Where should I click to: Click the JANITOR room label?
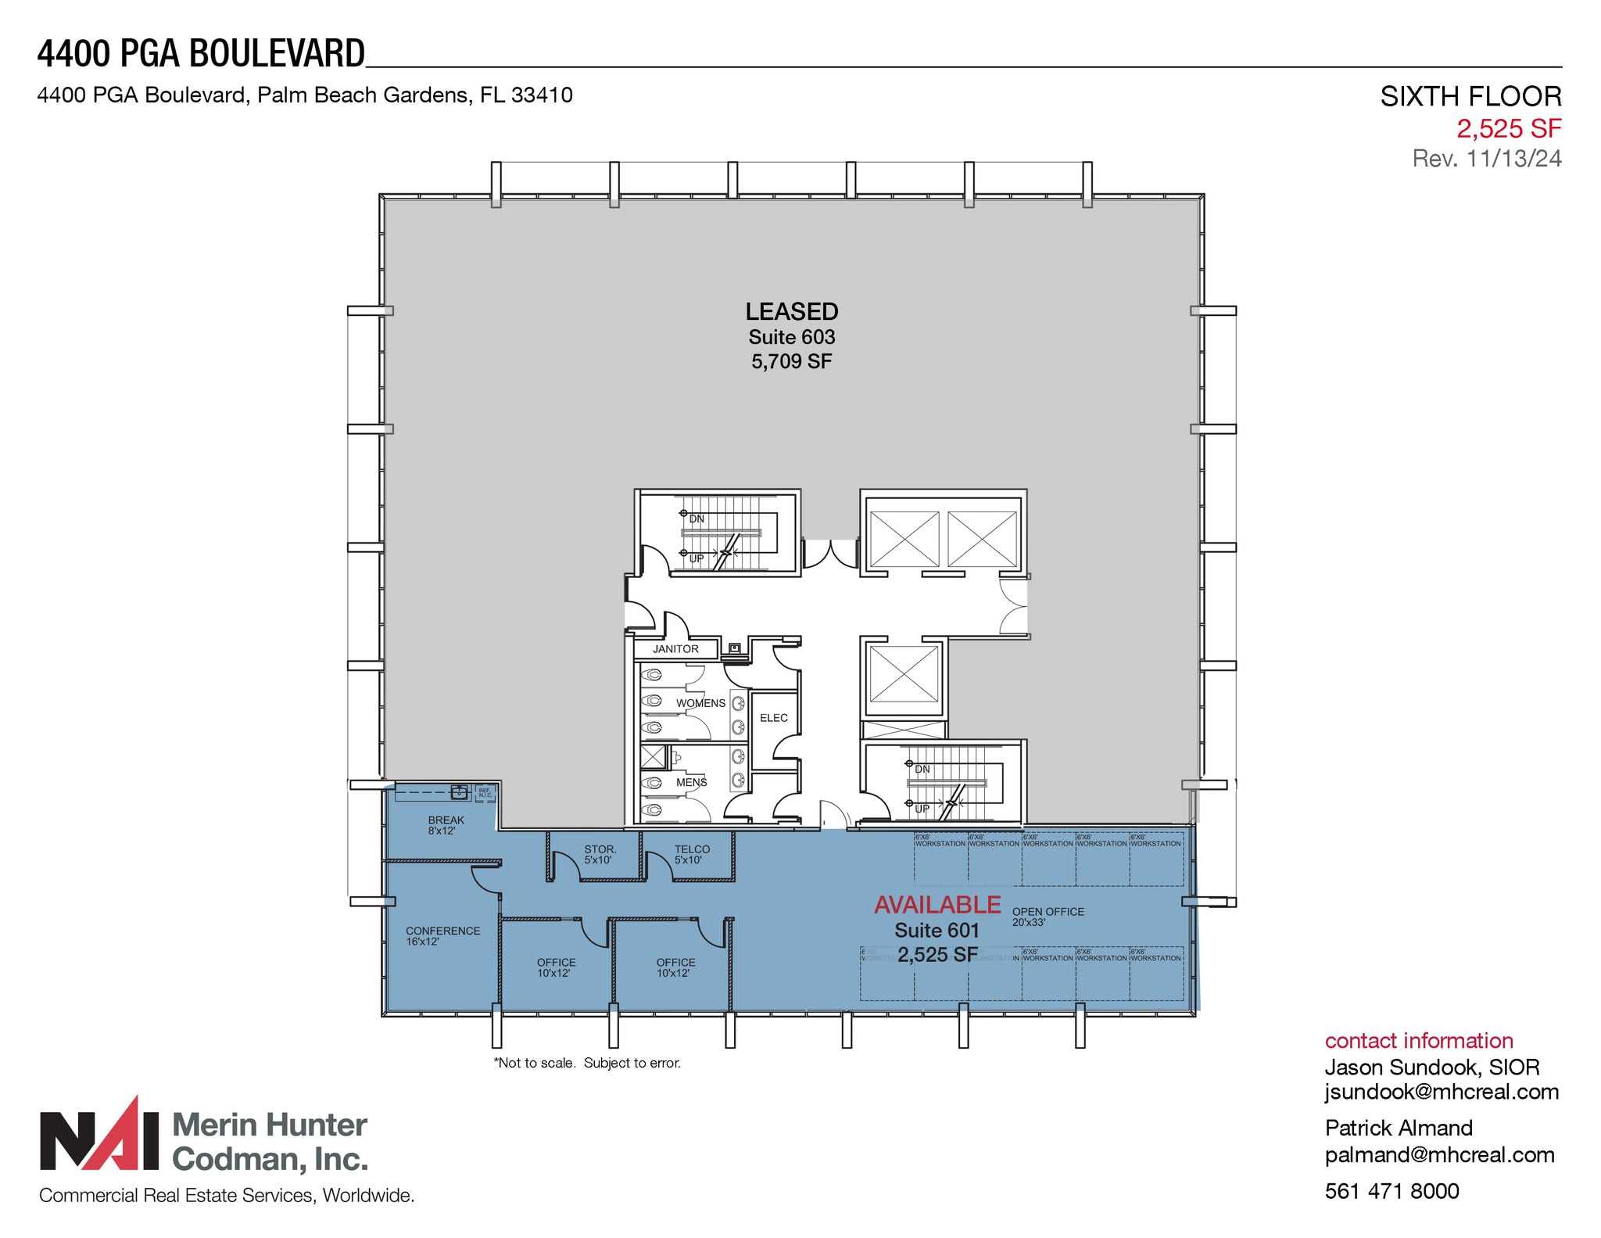click(675, 649)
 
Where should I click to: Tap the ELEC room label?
click(773, 718)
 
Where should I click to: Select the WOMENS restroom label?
click(700, 703)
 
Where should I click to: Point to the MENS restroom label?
click(691, 782)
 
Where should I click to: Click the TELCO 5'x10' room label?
click(692, 854)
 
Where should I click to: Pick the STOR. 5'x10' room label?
click(600, 854)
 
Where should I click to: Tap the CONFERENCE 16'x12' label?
click(442, 935)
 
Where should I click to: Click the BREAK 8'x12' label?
click(446, 825)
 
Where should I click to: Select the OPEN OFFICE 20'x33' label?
click(1048, 917)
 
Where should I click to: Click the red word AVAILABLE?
click(937, 905)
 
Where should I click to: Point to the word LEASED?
click(791, 311)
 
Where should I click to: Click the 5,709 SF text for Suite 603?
click(791, 361)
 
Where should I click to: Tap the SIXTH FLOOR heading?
click(1470, 96)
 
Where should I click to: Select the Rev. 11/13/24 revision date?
click(1486, 159)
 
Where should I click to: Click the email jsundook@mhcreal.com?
click(1441, 1092)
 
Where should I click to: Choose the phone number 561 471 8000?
click(1391, 1191)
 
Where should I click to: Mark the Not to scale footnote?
click(586, 1063)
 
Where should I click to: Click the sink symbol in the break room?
click(460, 792)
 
